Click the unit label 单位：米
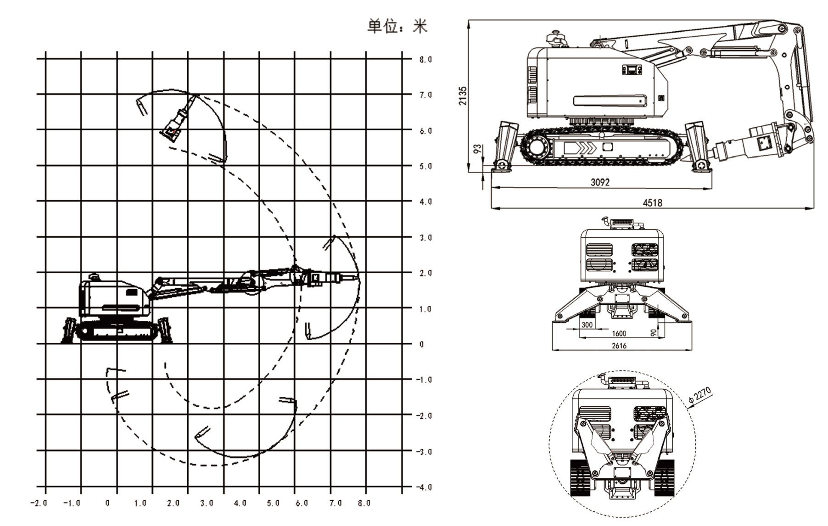tap(397, 26)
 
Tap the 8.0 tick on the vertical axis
tap(425, 59)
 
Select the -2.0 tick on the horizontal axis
tap(39, 504)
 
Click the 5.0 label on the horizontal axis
tap(273, 504)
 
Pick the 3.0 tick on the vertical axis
tap(425, 238)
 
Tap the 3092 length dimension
tap(600, 182)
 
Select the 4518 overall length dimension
tap(652, 202)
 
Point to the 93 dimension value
tap(477, 149)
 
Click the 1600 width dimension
tap(619, 334)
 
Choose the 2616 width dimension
tap(619, 346)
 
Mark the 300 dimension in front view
tap(587, 325)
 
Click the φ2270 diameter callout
tap(700, 396)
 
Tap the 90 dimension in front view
tap(654, 332)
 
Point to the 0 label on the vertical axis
tap(422, 344)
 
